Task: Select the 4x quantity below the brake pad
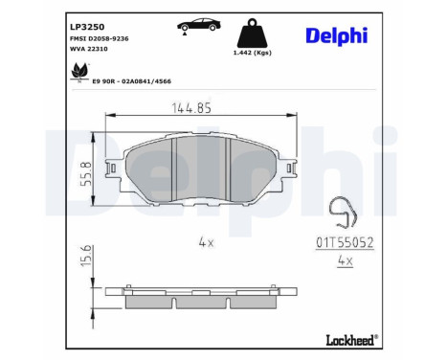tap(205, 242)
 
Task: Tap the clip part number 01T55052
tap(346, 243)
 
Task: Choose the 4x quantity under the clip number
tap(346, 260)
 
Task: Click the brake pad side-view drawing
tap(203, 298)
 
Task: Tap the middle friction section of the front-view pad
tap(202, 169)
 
